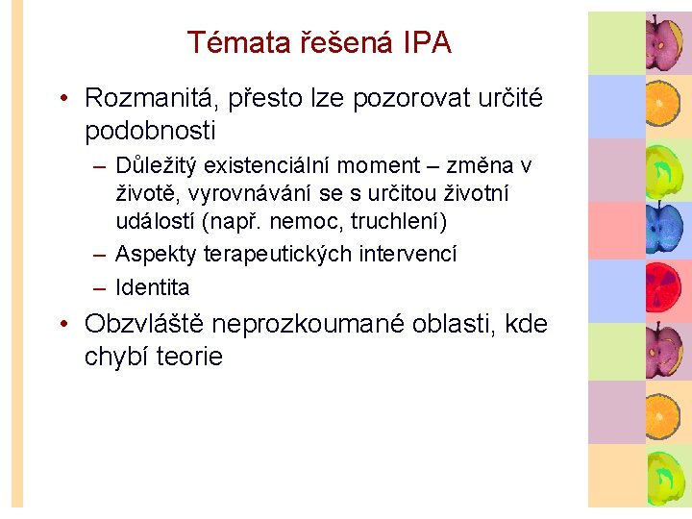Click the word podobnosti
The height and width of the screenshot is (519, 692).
coord(150,130)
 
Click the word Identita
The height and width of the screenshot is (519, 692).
coord(153,287)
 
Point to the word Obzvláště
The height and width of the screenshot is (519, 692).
coord(144,324)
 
